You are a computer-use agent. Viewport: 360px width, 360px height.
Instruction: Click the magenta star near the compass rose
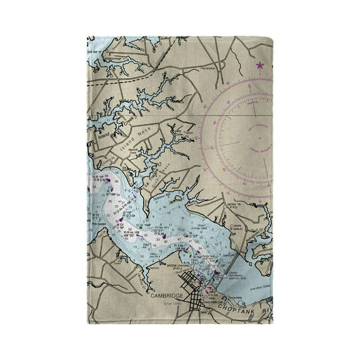[259, 64]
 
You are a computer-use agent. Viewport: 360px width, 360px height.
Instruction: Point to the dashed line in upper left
[125, 80]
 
